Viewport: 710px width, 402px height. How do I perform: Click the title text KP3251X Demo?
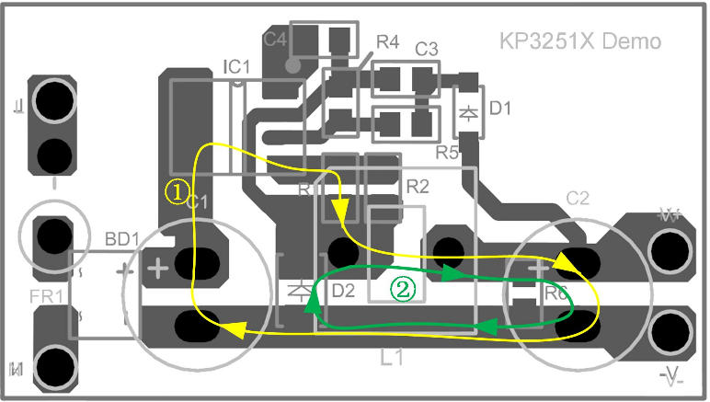579,41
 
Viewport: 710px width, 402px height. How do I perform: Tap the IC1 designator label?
236,66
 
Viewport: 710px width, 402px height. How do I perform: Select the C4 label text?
275,40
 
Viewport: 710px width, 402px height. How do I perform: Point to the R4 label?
387,42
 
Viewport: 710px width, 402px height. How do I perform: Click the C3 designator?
426,49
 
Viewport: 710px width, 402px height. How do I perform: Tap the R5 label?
447,152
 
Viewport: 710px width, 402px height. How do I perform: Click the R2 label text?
418,187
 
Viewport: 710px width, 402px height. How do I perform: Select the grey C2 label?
578,198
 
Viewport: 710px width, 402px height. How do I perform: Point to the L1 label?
393,358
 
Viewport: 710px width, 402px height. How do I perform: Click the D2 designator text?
343,292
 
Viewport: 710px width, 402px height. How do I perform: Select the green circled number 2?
404,288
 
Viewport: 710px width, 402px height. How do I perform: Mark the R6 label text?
555,294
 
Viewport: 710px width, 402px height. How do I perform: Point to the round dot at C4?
293,65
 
